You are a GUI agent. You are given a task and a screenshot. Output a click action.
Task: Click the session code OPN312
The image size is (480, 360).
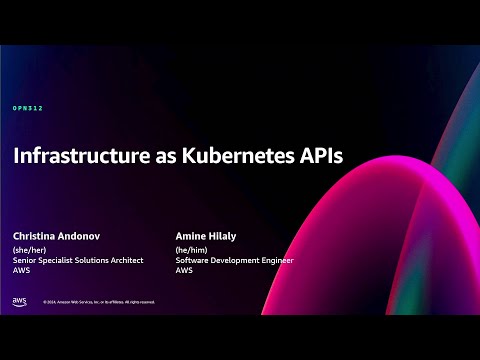(27, 108)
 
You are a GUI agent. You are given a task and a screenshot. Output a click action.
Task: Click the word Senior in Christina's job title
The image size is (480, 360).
(24, 261)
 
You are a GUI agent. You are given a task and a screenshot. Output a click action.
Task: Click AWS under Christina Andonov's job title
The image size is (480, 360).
(21, 271)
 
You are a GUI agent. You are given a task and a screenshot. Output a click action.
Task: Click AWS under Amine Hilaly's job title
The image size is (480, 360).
(183, 271)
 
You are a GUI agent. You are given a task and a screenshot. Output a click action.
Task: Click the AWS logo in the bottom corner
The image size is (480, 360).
(20, 301)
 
